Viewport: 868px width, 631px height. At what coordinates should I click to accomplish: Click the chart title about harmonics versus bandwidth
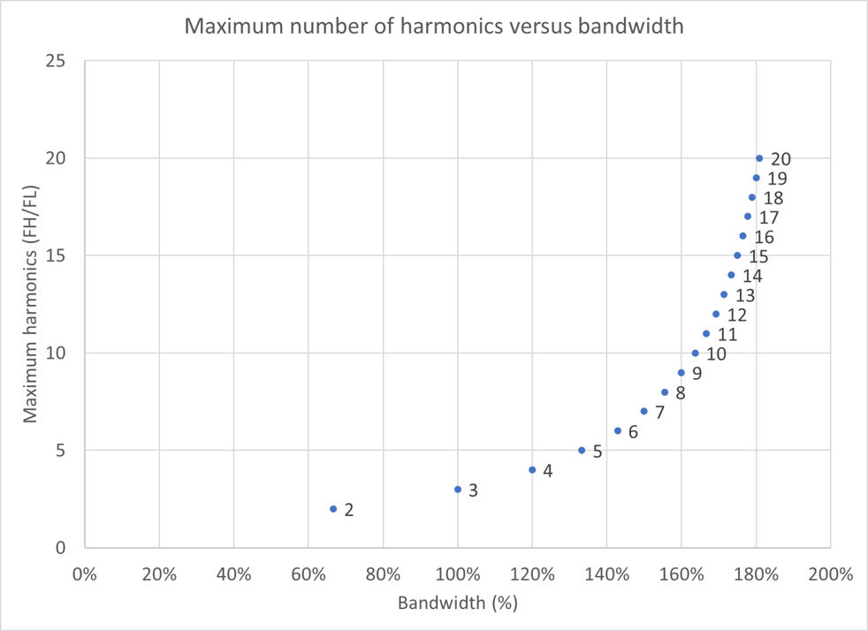tap(433, 27)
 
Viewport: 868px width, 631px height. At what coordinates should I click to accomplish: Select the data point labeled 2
tap(333, 509)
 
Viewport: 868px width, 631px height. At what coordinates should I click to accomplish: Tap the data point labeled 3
tap(458, 490)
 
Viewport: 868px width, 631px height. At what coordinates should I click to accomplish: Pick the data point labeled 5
tap(582, 451)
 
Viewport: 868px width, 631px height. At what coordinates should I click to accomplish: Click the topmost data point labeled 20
tap(759, 158)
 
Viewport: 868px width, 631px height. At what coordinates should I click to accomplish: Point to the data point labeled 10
tap(695, 354)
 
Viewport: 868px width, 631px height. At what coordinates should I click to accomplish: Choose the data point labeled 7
tap(643, 412)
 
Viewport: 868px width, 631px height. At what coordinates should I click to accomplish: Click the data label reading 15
tap(758, 257)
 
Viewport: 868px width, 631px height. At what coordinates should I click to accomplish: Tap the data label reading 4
tap(547, 471)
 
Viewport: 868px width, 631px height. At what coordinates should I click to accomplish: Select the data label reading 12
tap(736, 315)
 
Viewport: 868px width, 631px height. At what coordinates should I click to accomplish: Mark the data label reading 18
tap(773, 199)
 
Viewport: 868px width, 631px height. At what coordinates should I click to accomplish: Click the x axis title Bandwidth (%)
tap(457, 604)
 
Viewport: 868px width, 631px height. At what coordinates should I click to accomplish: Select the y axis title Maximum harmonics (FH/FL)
tap(30, 305)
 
